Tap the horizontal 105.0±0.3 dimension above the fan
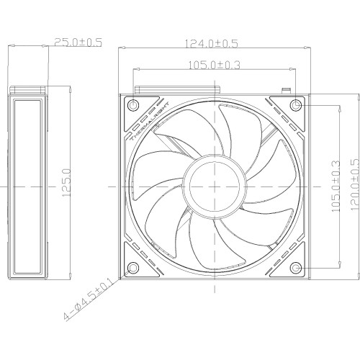pyautogui.click(x=213, y=66)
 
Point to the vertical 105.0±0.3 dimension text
pyautogui.click(x=333, y=186)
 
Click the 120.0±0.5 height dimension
pyautogui.click(x=353, y=186)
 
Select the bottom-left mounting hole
pyautogui.click(x=132, y=269)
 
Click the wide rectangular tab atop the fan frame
pyautogui.click(x=175, y=91)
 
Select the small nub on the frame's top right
pyautogui.click(x=286, y=91)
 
